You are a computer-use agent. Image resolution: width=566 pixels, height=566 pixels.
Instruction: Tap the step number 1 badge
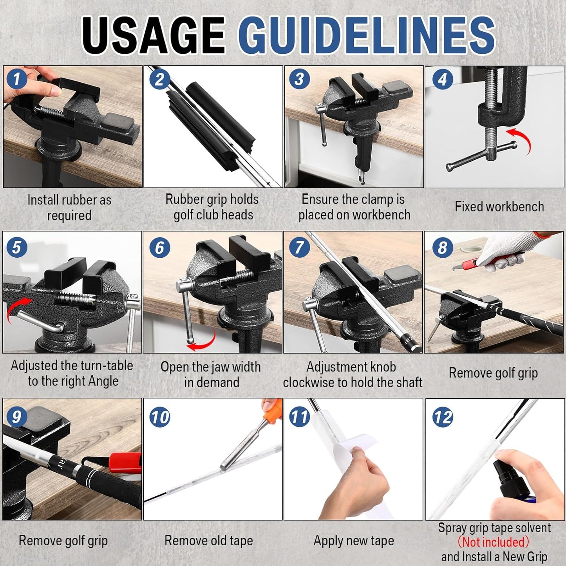(16, 79)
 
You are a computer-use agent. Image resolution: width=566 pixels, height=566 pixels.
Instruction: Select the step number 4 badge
(442, 79)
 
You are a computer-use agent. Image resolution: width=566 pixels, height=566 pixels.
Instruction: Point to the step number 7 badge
(300, 248)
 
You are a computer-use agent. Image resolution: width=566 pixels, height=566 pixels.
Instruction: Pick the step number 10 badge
(160, 417)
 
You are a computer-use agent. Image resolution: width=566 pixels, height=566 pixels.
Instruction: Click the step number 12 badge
(443, 417)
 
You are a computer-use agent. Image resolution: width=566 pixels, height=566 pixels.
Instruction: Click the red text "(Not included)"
(493, 542)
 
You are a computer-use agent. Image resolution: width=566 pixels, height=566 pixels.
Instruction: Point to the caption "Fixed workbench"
(499, 206)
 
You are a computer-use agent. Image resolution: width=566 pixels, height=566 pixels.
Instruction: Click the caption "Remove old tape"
(208, 541)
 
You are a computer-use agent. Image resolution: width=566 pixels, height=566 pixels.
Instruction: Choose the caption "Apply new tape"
(353, 541)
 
